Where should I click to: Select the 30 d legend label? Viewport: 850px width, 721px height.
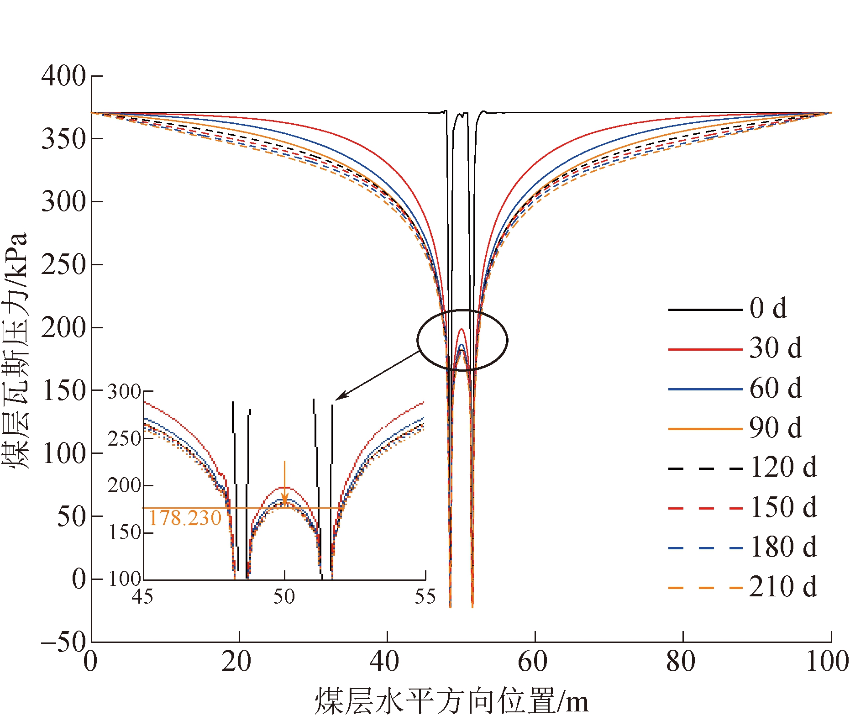775,348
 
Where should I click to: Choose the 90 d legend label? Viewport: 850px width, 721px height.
775,428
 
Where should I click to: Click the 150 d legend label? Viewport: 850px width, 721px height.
783,507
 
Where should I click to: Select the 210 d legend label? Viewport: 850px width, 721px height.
783,587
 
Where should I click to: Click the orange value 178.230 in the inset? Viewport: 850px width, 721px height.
185,519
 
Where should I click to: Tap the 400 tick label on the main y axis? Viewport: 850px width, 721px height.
63,76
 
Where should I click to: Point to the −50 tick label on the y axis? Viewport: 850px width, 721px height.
63,642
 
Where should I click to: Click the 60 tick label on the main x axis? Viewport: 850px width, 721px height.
533,661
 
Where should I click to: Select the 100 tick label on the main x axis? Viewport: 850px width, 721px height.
827,661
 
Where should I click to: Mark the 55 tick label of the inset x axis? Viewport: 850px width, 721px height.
425,596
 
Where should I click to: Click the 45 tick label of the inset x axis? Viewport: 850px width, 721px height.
142,596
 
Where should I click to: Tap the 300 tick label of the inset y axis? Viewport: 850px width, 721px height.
124,392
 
